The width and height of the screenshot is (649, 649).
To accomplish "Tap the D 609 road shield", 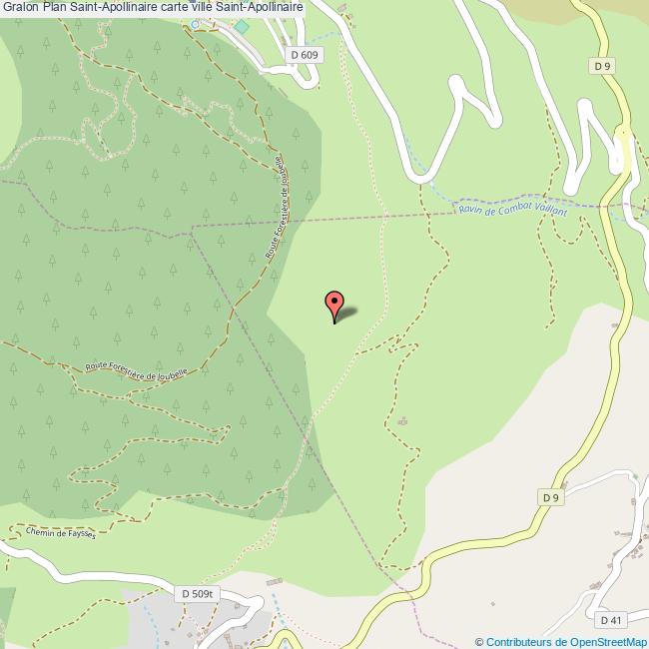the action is [305, 56].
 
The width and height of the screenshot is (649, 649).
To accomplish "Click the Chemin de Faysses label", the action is [62, 534].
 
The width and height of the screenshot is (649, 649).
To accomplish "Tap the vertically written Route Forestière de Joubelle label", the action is [276, 209].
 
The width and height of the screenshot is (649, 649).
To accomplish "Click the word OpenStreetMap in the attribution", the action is [608, 642].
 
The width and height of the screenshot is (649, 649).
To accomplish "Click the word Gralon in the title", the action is [20, 7].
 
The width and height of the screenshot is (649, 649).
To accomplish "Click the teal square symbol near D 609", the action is [241, 23].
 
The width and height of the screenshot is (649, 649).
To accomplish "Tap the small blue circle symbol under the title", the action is [195, 25].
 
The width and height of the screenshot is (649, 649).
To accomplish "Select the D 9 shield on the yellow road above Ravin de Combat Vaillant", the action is [600, 66].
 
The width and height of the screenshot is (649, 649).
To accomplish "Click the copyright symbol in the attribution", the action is [479, 642].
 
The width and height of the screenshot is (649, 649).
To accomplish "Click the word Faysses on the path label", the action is [79, 535].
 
